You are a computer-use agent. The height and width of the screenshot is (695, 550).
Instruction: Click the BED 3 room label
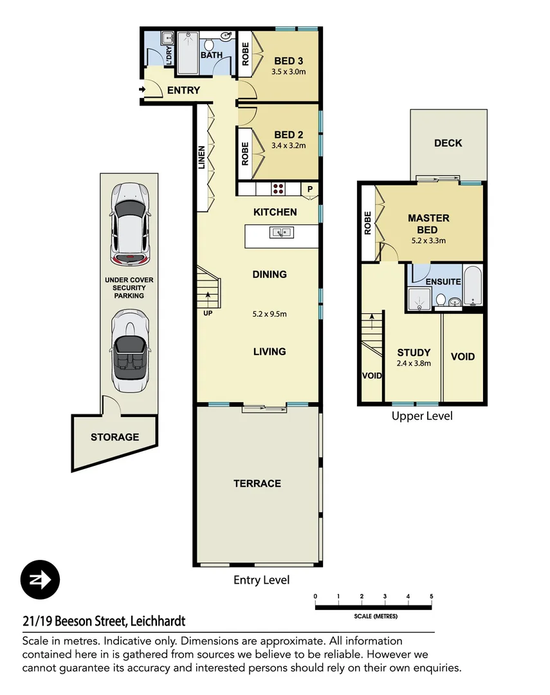pyautogui.click(x=288, y=61)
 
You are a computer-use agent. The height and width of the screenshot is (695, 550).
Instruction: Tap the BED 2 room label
pyautogui.click(x=288, y=134)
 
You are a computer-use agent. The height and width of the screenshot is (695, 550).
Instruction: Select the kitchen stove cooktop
pyautogui.click(x=279, y=189)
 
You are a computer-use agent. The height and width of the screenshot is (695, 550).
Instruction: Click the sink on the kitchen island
pyautogui.click(x=282, y=232)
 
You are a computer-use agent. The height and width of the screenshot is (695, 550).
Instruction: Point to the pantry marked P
pyautogui.click(x=309, y=189)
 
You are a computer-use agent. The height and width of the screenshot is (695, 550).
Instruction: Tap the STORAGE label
pyautogui.click(x=115, y=437)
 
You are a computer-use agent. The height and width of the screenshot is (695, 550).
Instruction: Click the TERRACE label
pyautogui.click(x=257, y=483)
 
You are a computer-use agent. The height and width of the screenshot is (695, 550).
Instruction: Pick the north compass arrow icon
pyautogui.click(x=40, y=580)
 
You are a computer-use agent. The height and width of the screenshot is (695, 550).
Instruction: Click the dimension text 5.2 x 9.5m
pyautogui.click(x=270, y=315)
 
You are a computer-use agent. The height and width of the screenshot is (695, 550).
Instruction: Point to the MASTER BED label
pyautogui.click(x=428, y=224)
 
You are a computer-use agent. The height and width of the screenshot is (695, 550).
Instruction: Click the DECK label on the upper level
pyautogui.click(x=448, y=143)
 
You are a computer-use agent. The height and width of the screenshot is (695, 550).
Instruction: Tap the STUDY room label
pyautogui.click(x=414, y=353)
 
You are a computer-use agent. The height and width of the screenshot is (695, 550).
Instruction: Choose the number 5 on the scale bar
pyautogui.click(x=431, y=596)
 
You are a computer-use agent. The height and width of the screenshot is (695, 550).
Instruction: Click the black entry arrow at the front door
pyautogui.click(x=142, y=91)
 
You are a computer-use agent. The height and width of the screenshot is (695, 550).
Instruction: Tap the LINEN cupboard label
pyautogui.click(x=201, y=158)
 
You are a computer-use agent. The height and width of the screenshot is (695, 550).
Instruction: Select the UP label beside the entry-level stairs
pyautogui.click(x=208, y=313)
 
